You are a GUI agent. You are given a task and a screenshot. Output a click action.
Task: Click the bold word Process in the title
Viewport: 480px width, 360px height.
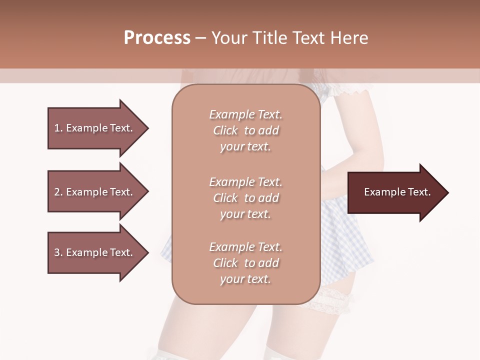[157, 38]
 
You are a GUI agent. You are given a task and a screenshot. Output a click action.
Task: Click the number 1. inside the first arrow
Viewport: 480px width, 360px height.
[58, 128]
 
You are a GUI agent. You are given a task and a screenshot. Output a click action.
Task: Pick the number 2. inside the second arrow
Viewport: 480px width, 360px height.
[58, 192]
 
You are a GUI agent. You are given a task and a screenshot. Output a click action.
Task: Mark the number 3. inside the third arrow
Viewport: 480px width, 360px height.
[58, 252]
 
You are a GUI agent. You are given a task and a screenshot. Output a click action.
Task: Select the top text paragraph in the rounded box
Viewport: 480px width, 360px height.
[245, 130]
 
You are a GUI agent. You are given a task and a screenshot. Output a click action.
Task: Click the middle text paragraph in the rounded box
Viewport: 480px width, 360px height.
[245, 198]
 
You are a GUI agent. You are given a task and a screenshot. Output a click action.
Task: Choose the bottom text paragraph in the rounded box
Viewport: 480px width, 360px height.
[245, 263]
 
